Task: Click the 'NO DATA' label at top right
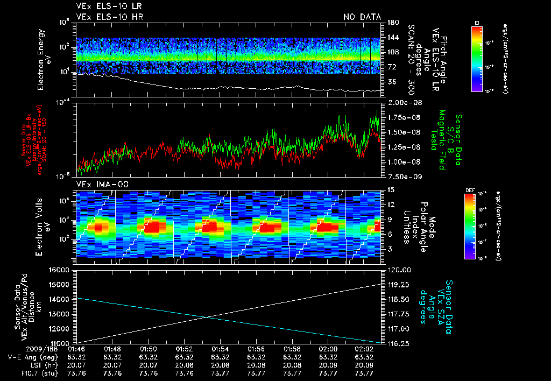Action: point(362,17)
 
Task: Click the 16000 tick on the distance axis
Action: point(63,270)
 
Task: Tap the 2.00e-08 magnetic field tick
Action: point(401,102)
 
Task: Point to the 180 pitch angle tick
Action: point(391,22)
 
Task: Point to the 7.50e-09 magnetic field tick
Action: point(401,176)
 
